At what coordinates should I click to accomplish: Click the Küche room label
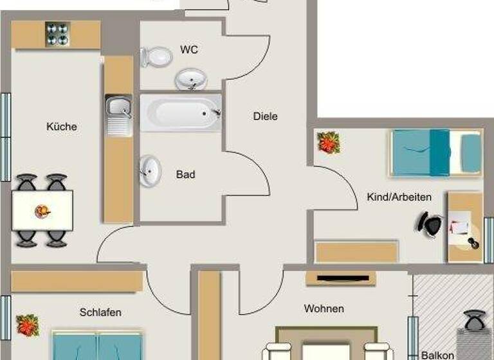click(62, 127)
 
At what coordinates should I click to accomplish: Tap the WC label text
click(189, 50)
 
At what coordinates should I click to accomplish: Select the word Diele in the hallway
click(265, 116)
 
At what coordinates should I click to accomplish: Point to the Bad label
click(185, 174)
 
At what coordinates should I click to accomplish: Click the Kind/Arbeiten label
click(399, 197)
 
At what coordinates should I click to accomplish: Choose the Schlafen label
click(100, 312)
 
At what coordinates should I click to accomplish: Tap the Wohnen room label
click(324, 309)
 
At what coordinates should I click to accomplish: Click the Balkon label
click(437, 355)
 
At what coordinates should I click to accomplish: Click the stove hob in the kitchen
click(57, 34)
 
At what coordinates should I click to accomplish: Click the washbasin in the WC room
click(191, 80)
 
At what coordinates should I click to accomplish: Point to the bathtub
click(181, 113)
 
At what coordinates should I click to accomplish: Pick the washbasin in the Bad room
click(151, 170)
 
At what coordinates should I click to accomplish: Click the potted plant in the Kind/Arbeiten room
click(329, 142)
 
